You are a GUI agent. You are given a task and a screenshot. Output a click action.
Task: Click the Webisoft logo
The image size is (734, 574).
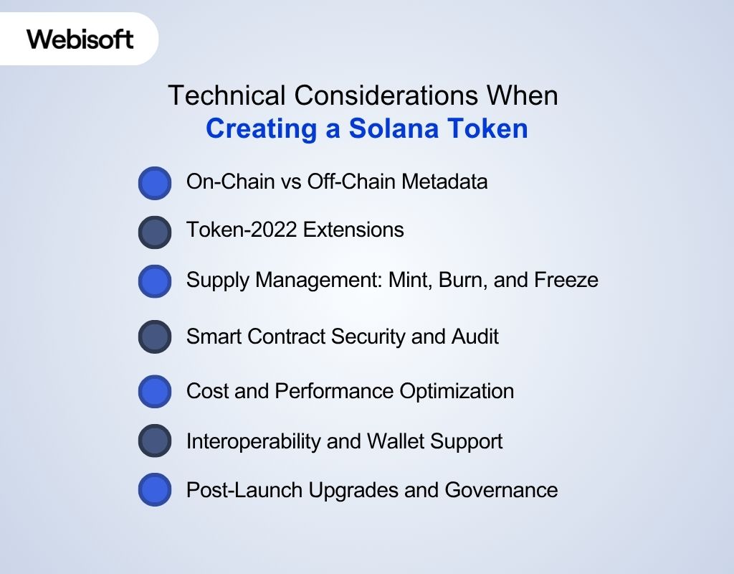click(80, 39)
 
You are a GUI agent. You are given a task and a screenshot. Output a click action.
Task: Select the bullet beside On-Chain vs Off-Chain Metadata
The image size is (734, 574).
click(155, 183)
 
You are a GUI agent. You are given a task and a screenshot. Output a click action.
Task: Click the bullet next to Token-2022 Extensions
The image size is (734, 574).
click(155, 232)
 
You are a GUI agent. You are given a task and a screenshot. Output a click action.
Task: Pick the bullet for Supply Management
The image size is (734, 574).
click(155, 281)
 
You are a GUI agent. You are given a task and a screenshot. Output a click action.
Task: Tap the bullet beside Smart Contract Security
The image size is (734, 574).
click(155, 337)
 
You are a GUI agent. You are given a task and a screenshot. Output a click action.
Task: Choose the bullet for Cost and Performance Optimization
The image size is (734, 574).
click(155, 392)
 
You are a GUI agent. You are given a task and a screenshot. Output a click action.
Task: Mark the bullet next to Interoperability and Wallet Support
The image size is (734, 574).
click(155, 441)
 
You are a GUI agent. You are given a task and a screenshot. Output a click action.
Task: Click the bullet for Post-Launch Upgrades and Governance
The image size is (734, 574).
click(155, 490)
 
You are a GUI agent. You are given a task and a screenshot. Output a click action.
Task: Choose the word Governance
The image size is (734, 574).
click(501, 489)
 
